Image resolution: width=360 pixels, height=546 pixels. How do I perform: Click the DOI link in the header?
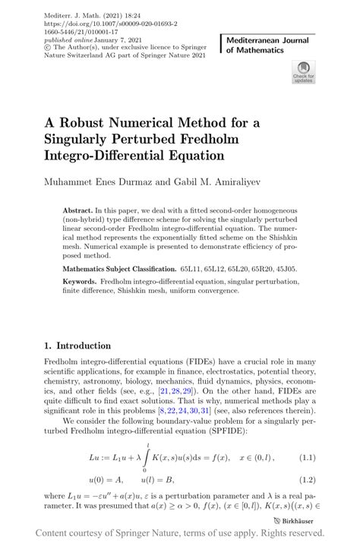(x=93, y=14)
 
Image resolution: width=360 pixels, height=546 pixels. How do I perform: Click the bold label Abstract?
(x=79, y=210)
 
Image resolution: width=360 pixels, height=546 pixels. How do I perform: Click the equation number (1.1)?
(x=306, y=458)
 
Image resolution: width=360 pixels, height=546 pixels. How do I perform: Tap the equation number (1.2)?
(x=306, y=480)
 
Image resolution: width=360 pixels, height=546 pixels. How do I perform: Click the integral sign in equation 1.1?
(x=146, y=458)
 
